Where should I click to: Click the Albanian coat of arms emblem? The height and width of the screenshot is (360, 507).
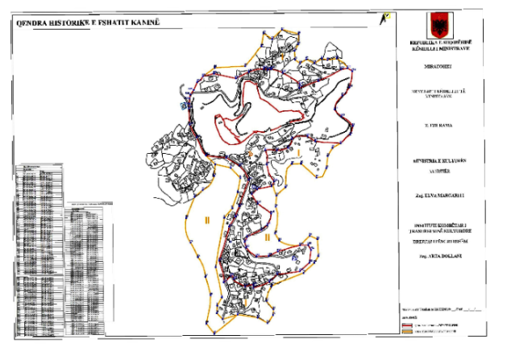[x=438, y=22]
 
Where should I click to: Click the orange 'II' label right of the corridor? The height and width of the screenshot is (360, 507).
[x=267, y=238]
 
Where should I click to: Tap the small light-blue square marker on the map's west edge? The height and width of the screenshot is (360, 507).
[x=185, y=106]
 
